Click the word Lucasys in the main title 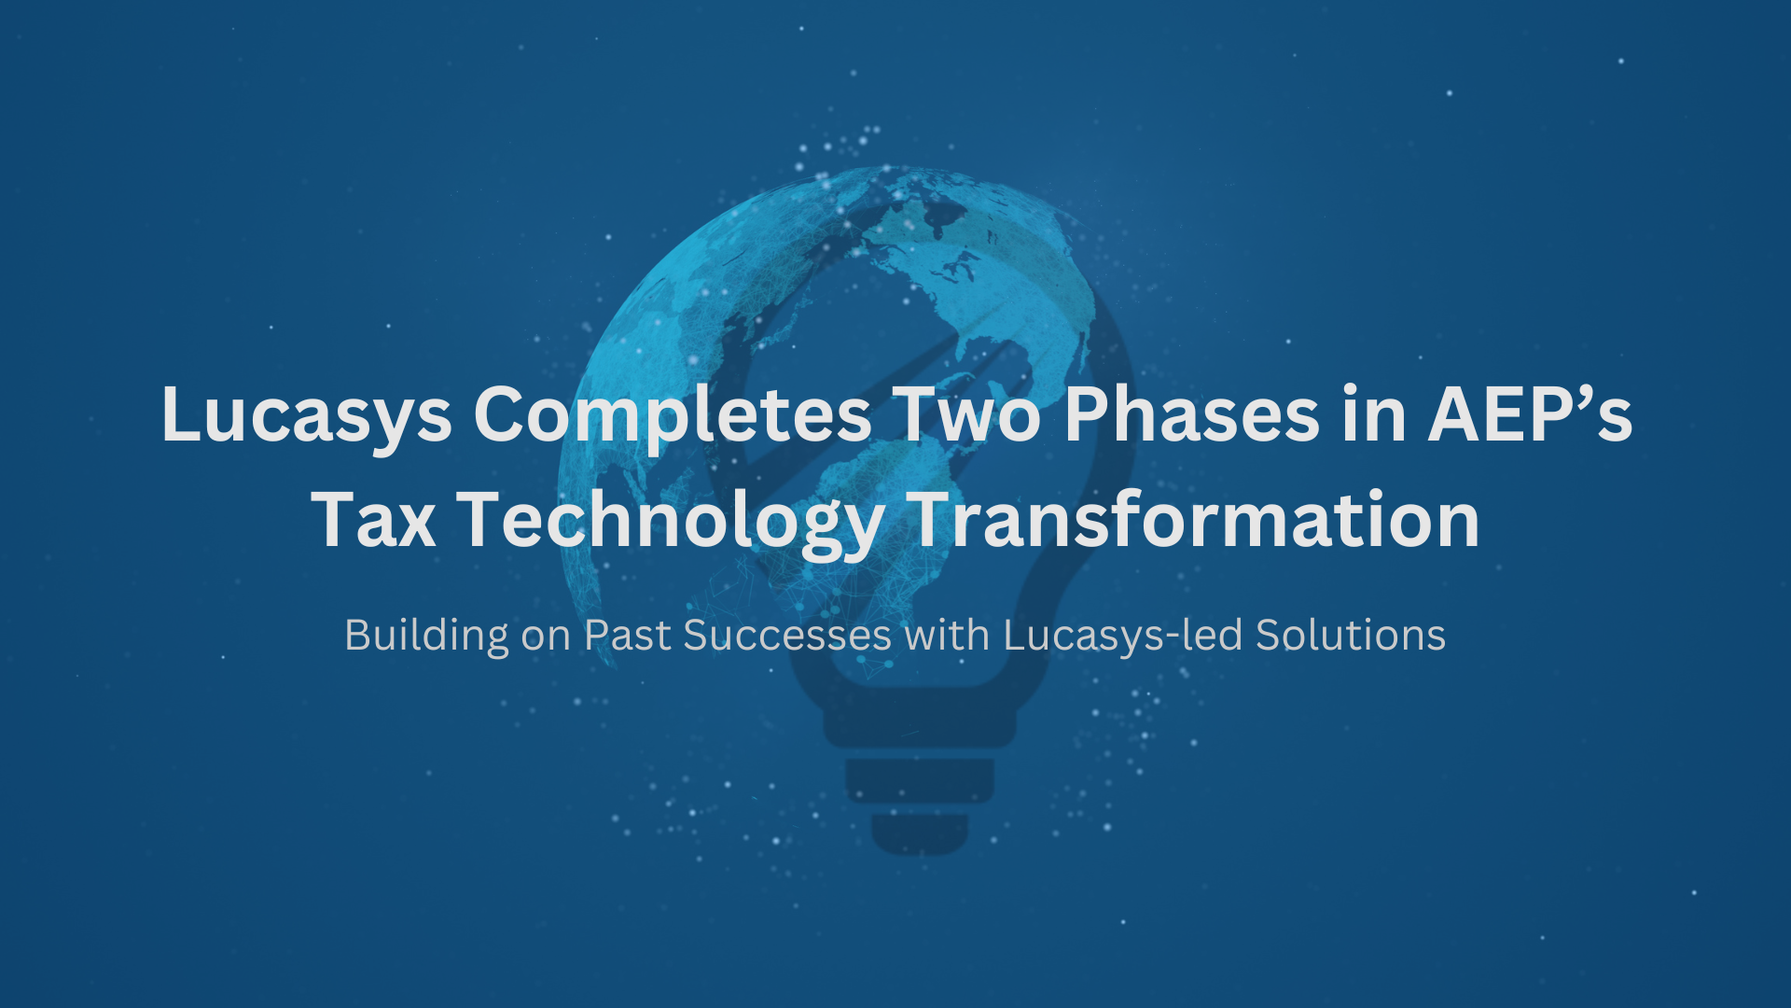(x=306, y=415)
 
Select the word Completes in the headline (x=673, y=415)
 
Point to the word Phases (x=1191, y=415)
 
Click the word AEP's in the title (x=1530, y=415)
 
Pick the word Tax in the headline (x=373, y=520)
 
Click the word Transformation (x=1193, y=520)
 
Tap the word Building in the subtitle (x=426, y=637)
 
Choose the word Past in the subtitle (x=627, y=637)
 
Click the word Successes (x=787, y=637)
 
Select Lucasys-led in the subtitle (x=1123, y=637)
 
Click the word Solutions (x=1350, y=637)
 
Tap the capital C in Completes (x=503, y=415)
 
